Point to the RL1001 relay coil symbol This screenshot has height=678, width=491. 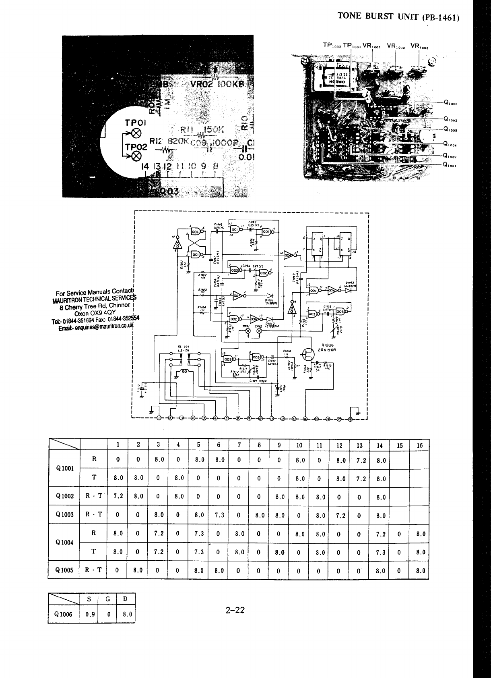click(185, 372)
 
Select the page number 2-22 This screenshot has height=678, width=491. click(235, 610)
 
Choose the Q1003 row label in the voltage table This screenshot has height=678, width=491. click(65, 515)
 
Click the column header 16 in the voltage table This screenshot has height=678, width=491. click(420, 445)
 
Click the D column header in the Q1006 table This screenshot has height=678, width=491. click(125, 599)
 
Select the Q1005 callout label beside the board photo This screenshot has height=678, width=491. click(450, 130)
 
